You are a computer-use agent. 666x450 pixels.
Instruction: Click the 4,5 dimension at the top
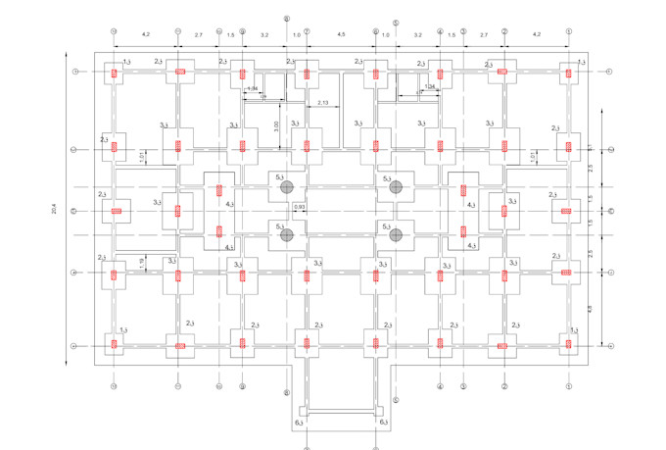(341, 35)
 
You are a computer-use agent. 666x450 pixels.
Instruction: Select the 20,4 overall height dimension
(55, 209)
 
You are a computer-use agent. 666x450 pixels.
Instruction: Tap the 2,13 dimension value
(322, 102)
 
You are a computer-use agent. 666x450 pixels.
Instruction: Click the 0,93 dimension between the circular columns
(299, 208)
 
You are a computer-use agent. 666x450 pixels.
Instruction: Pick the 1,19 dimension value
(142, 261)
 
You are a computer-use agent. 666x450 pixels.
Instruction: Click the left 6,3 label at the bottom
(300, 423)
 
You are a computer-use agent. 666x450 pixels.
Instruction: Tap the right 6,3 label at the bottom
(384, 423)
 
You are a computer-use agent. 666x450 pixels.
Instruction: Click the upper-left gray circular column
(286, 186)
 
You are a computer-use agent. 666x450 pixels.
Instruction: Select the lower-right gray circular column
(396, 234)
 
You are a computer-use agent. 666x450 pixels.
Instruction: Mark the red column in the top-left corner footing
(115, 72)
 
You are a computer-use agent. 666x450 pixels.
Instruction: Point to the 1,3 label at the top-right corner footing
(582, 62)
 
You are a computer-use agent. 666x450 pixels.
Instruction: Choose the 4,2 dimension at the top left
(146, 35)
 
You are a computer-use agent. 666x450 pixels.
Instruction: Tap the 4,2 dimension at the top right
(536, 35)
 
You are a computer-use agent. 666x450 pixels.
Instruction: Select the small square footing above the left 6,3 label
(307, 408)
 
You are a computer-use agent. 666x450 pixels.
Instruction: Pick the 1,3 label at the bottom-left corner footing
(122, 331)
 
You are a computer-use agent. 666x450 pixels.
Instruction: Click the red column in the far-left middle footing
(116, 211)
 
